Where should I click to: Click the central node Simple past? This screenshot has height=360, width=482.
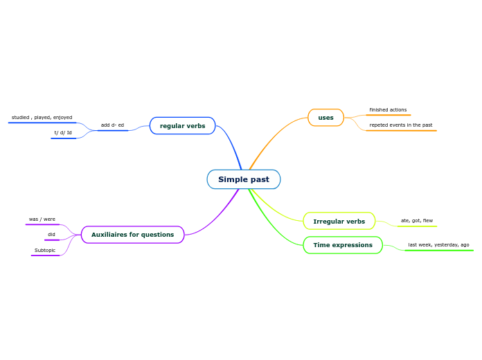click(244, 179)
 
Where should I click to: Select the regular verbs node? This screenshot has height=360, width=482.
click(182, 125)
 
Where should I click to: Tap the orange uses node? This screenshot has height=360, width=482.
click(325, 118)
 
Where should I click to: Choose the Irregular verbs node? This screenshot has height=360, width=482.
click(339, 222)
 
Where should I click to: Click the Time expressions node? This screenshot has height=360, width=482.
click(343, 245)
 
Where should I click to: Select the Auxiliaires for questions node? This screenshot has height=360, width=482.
click(132, 235)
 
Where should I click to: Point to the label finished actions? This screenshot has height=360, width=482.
click(388, 110)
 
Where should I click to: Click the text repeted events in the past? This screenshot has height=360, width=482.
click(400, 125)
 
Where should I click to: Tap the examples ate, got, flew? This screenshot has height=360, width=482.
click(416, 221)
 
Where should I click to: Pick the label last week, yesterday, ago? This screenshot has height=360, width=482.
click(438, 245)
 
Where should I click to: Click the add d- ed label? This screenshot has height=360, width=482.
click(112, 125)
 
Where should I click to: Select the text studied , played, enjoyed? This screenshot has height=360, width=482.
click(42, 118)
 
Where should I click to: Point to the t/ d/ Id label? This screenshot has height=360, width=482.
click(63, 133)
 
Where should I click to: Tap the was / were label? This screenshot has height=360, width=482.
click(42, 219)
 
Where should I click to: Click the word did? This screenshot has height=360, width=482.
click(51, 235)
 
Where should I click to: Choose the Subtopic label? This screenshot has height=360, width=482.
click(45, 251)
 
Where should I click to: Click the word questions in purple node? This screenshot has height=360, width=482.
click(157, 235)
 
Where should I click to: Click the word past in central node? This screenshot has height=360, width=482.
click(260, 179)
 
